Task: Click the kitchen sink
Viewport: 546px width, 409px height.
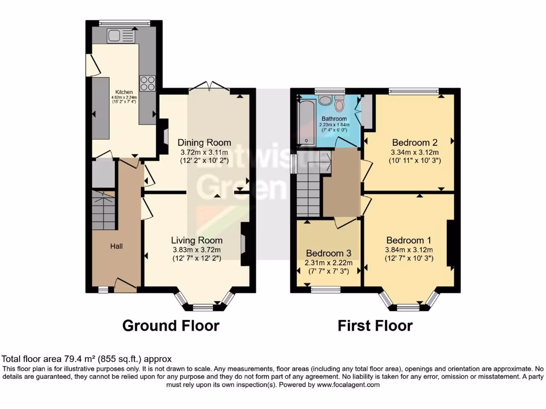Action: (x=116, y=36)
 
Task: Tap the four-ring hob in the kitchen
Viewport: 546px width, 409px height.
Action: (x=148, y=83)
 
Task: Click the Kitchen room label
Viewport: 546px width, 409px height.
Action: (x=124, y=92)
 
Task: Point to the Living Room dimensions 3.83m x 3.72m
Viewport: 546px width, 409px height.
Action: (x=197, y=249)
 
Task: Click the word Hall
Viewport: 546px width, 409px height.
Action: (x=116, y=246)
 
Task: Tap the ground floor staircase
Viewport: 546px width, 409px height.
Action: (x=104, y=210)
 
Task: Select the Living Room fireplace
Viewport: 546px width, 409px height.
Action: (x=245, y=244)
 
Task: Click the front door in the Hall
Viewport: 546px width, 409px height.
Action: (x=125, y=285)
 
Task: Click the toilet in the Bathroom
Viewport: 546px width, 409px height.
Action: (x=326, y=101)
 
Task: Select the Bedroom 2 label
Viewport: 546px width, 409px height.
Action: (x=415, y=142)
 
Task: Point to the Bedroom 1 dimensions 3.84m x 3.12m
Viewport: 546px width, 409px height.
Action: (x=409, y=249)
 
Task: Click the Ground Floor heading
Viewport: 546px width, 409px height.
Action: (x=171, y=325)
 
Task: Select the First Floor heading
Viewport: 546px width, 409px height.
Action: (x=375, y=325)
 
